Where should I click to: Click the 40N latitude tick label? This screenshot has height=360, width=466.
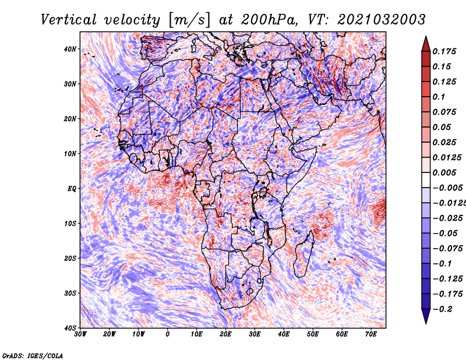click(70, 49)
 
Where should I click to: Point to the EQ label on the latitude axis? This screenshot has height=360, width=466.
click(72, 189)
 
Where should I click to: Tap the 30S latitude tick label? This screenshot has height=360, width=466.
click(70, 294)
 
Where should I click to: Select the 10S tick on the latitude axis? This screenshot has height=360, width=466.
click(70, 224)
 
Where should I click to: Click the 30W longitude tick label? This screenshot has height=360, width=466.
click(80, 334)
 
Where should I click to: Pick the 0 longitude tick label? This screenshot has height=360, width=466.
click(168, 334)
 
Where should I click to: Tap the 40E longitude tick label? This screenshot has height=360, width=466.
click(284, 334)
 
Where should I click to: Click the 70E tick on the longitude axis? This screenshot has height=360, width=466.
click(371, 334)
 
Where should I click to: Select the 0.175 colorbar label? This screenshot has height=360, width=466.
click(444, 52)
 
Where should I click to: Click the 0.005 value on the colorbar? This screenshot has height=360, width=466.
click(444, 172)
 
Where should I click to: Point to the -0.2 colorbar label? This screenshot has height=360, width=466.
click(442, 309)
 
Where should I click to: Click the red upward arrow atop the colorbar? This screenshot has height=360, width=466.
click(426, 44)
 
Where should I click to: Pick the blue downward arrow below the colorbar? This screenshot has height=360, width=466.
click(426, 316)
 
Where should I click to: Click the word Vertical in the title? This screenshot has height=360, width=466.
click(69, 20)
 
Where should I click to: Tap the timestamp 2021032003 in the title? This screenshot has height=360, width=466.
click(382, 20)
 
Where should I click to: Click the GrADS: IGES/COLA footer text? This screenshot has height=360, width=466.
click(33, 355)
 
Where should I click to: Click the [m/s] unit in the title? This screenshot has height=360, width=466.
click(189, 20)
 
